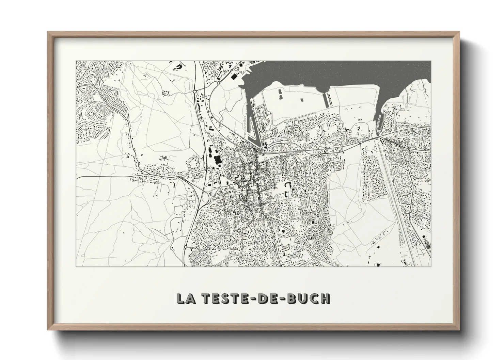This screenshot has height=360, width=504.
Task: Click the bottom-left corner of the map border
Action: tap(76, 266)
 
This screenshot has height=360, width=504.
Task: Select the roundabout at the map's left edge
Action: tap(78, 87)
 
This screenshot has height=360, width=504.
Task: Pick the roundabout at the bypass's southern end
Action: tap(186, 247)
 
